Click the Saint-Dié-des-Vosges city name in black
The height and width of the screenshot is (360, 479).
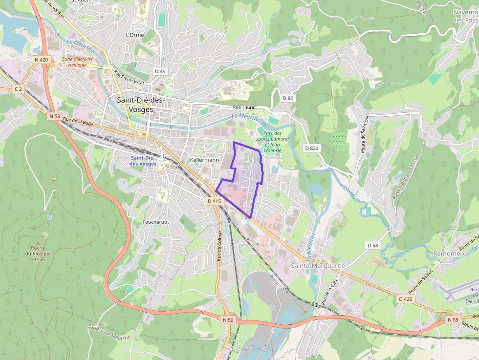tap(141, 105)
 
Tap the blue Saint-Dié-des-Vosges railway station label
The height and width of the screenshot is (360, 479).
tap(143, 161)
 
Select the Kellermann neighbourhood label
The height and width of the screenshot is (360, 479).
tap(204, 160)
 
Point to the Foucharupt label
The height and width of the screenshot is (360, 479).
tap(155, 222)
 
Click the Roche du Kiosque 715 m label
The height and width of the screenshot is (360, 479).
tap(38, 253)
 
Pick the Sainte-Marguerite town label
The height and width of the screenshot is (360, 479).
tap(318, 265)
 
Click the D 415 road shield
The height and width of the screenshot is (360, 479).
tap(214, 201)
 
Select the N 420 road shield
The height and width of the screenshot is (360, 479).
tap(42, 60)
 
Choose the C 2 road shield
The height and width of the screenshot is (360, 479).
tap(18, 89)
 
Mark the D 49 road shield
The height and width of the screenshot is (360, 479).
tap(160, 71)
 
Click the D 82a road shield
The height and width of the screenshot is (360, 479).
tap(311, 148)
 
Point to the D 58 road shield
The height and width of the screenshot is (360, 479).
tap(372, 245)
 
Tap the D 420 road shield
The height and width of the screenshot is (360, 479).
tap(405, 298)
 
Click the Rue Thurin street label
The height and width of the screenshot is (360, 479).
tap(244, 107)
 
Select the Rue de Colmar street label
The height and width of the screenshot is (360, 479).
tap(219, 245)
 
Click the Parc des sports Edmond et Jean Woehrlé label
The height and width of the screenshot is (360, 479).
tap(273, 142)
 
